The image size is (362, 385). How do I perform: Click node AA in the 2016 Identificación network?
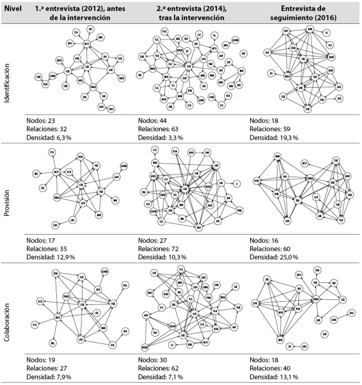(271, 74)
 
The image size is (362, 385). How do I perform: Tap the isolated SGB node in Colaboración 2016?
(325, 334)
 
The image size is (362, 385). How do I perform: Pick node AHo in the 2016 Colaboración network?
(351, 313)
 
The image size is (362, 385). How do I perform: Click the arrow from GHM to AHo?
(343, 316)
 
